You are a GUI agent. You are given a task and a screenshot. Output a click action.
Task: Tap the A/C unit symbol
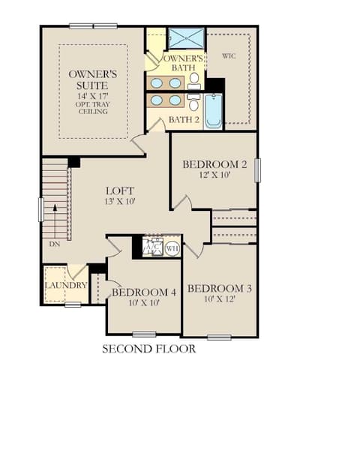[x=153, y=246]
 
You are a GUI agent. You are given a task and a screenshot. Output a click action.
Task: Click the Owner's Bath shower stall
[x=186, y=38]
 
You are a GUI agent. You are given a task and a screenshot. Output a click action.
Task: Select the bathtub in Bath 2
[x=213, y=111]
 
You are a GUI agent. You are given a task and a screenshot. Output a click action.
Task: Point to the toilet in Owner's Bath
[x=194, y=81]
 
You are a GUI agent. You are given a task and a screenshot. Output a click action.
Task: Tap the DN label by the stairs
[x=54, y=244]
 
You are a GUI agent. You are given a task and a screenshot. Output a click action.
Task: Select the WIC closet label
[x=229, y=56]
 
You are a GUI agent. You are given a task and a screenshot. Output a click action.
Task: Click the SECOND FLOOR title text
[x=148, y=349]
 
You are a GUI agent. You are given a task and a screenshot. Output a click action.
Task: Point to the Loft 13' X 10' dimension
[x=120, y=201]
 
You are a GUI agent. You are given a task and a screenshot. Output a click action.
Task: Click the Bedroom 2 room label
[x=214, y=164]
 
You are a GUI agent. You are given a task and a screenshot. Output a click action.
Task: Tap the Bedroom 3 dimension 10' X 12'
[x=220, y=299]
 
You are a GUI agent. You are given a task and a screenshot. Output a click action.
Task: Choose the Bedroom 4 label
[x=144, y=293]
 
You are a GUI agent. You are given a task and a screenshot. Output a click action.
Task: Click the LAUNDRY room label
[x=66, y=285]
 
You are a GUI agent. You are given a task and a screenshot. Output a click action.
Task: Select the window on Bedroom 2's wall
[x=257, y=170]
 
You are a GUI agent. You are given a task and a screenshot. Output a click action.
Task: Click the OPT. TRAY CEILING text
[x=92, y=108]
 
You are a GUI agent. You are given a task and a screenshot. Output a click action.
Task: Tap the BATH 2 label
[x=184, y=120]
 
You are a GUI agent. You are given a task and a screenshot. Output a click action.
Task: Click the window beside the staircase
[x=41, y=210]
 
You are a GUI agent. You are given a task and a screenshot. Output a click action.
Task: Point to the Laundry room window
[x=73, y=305]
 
